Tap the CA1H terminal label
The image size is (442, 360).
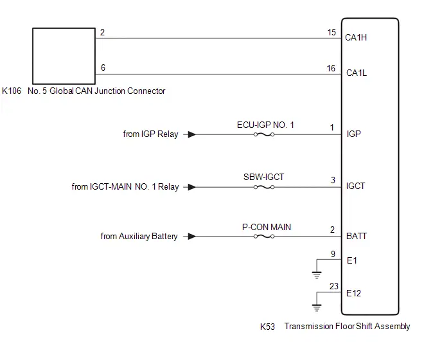tap(356, 37)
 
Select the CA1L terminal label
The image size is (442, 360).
tap(357, 73)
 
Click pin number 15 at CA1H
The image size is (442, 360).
tap(331, 32)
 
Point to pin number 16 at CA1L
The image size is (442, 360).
tap(331, 68)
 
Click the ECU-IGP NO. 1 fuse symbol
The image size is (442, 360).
tap(264, 134)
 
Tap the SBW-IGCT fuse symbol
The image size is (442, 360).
tap(264, 187)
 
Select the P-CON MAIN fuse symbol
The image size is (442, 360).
tap(264, 237)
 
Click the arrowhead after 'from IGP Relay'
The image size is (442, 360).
tap(192, 134)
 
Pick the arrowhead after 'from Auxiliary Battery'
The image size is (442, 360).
tap(192, 237)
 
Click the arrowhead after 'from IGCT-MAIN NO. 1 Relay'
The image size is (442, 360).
tap(192, 187)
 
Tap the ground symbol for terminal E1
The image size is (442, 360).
tap(317, 274)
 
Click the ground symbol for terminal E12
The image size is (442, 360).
tap(317, 308)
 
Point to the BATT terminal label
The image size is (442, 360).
tap(357, 236)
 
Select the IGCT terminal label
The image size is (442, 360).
tap(355, 186)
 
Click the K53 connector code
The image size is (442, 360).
tap(267, 327)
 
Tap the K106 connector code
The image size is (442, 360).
tap(12, 91)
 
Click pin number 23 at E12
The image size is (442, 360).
tap(334, 286)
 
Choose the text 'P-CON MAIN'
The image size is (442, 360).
tap(267, 227)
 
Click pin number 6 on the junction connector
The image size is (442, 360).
tap(103, 67)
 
